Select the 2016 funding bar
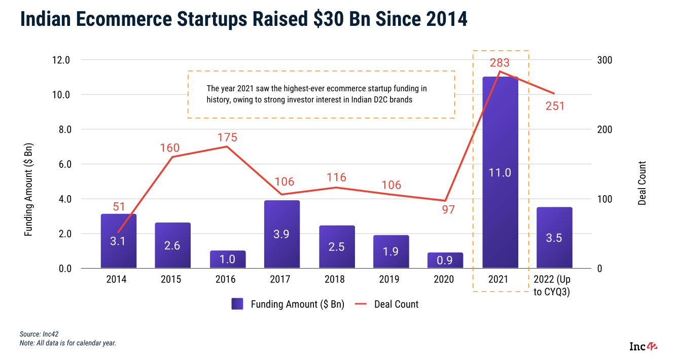point(228,259)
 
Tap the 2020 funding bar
point(445,260)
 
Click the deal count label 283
point(500,63)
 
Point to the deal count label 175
point(227,137)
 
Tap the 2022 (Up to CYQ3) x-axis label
point(554,285)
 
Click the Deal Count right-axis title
point(642,183)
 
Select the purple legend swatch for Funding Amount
point(238,304)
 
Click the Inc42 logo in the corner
point(643,347)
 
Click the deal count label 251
point(555,106)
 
